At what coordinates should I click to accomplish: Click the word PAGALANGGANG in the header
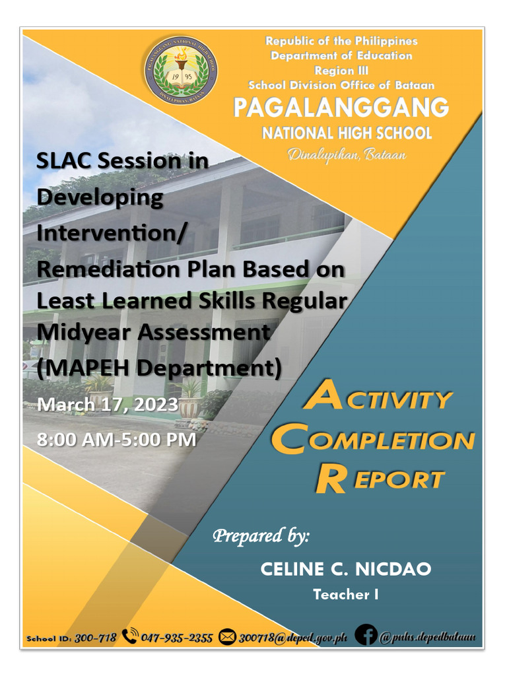click(341, 108)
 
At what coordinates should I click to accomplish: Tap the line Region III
click(341, 71)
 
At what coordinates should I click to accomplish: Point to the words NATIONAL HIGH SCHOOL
click(347, 133)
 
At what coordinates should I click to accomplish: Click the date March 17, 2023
click(108, 404)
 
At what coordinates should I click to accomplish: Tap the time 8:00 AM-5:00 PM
click(117, 439)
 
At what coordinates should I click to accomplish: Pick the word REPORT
click(379, 479)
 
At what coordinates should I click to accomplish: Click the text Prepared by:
click(260, 535)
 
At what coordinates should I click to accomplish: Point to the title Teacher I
click(346, 595)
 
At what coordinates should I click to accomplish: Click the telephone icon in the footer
click(130, 637)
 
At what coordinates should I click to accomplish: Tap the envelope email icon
click(227, 638)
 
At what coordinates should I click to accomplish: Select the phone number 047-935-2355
click(177, 638)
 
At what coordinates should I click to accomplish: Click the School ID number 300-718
click(96, 638)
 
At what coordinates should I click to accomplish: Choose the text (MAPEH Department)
click(159, 367)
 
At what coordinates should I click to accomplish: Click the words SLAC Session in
click(122, 160)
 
